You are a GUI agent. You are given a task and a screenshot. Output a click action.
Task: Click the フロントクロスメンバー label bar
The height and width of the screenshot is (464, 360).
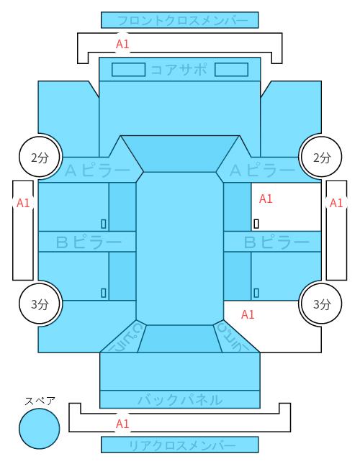[180, 20]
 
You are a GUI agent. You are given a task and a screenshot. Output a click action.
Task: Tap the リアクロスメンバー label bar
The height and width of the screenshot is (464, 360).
[180, 445]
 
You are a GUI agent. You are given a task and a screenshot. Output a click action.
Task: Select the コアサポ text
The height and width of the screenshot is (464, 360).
[179, 70]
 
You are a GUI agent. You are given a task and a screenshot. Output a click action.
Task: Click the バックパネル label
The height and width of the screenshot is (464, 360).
[180, 400]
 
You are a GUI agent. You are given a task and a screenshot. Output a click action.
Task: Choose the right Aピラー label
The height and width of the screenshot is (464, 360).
[263, 170]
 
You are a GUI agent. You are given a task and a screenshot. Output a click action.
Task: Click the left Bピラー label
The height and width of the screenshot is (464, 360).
[89, 242]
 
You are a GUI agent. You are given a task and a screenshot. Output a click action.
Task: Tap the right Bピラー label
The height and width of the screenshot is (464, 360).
[276, 242]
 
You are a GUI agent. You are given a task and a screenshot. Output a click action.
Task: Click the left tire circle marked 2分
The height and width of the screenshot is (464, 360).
[40, 157]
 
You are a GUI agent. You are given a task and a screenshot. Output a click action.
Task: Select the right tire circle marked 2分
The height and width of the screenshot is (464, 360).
[321, 157]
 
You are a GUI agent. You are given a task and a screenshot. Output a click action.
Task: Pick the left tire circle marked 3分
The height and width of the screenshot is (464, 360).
[40, 304]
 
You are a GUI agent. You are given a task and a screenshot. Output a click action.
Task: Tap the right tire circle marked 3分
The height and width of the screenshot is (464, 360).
[321, 304]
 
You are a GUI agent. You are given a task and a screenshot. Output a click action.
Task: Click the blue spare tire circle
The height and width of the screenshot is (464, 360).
[40, 429]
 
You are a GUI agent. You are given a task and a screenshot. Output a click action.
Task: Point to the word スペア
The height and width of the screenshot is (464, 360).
[40, 401]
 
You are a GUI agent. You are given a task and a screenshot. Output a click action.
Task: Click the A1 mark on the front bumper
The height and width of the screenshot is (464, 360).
[122, 44]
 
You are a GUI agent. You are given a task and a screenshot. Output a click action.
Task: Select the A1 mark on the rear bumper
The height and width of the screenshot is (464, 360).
[122, 424]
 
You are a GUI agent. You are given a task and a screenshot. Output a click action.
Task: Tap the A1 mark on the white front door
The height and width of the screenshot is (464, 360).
[266, 199]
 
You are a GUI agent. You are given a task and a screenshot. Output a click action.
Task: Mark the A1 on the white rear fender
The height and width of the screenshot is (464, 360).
[248, 314]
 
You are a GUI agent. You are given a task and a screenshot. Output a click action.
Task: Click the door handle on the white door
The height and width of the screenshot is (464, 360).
[256, 224]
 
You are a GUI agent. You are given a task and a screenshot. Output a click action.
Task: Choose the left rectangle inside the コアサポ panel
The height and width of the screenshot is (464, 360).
[128, 70]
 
